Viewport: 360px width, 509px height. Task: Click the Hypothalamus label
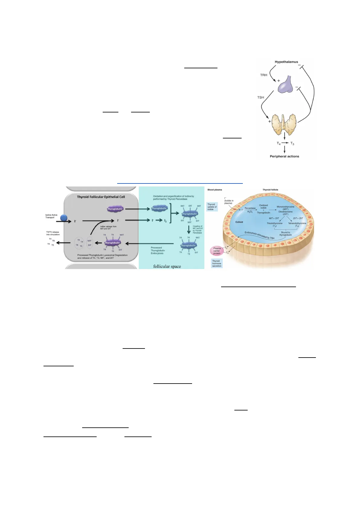286,62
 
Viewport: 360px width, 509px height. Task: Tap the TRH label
263,75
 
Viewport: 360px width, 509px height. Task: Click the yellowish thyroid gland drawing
284,124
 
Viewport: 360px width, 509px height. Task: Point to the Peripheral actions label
284,157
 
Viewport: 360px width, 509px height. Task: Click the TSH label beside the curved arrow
260,98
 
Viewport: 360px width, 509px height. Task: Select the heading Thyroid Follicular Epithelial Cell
101,197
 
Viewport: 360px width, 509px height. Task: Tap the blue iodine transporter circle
64,218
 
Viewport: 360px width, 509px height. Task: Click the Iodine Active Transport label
51,216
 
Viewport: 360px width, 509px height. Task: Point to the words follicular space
167,266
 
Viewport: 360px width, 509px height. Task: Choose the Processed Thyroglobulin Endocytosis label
158,250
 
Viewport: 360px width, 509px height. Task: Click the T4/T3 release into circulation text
53,233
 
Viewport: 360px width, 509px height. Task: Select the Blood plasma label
215,190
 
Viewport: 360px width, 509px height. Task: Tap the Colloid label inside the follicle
239,222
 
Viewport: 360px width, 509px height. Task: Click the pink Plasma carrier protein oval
217,251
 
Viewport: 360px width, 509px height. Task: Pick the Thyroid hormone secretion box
217,264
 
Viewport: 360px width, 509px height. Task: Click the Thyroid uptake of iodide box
212,207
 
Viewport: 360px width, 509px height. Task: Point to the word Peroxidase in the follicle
250,208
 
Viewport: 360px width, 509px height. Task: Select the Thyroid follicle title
270,190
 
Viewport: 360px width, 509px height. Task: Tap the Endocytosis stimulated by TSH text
259,236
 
